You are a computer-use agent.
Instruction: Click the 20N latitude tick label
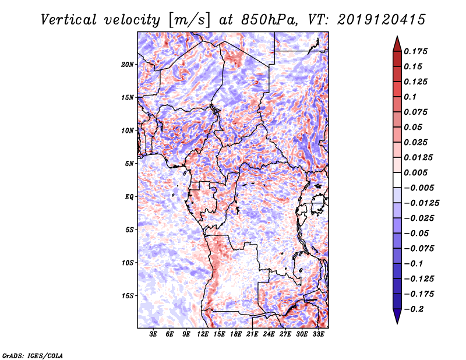point(128,64)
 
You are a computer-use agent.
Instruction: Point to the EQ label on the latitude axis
point(129,196)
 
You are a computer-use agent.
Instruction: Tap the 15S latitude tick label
point(128,295)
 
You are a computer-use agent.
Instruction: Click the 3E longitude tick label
point(154,334)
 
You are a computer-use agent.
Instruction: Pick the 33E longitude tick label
point(319,334)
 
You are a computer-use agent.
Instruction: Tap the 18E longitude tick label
point(236,334)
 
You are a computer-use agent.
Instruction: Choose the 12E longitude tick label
point(203,334)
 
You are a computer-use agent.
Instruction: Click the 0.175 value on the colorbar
point(417,51)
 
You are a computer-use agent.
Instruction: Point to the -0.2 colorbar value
point(416,309)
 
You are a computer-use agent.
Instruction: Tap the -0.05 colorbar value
point(419,233)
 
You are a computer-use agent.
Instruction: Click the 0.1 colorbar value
point(411,97)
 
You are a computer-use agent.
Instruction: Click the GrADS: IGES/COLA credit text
point(33,354)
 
